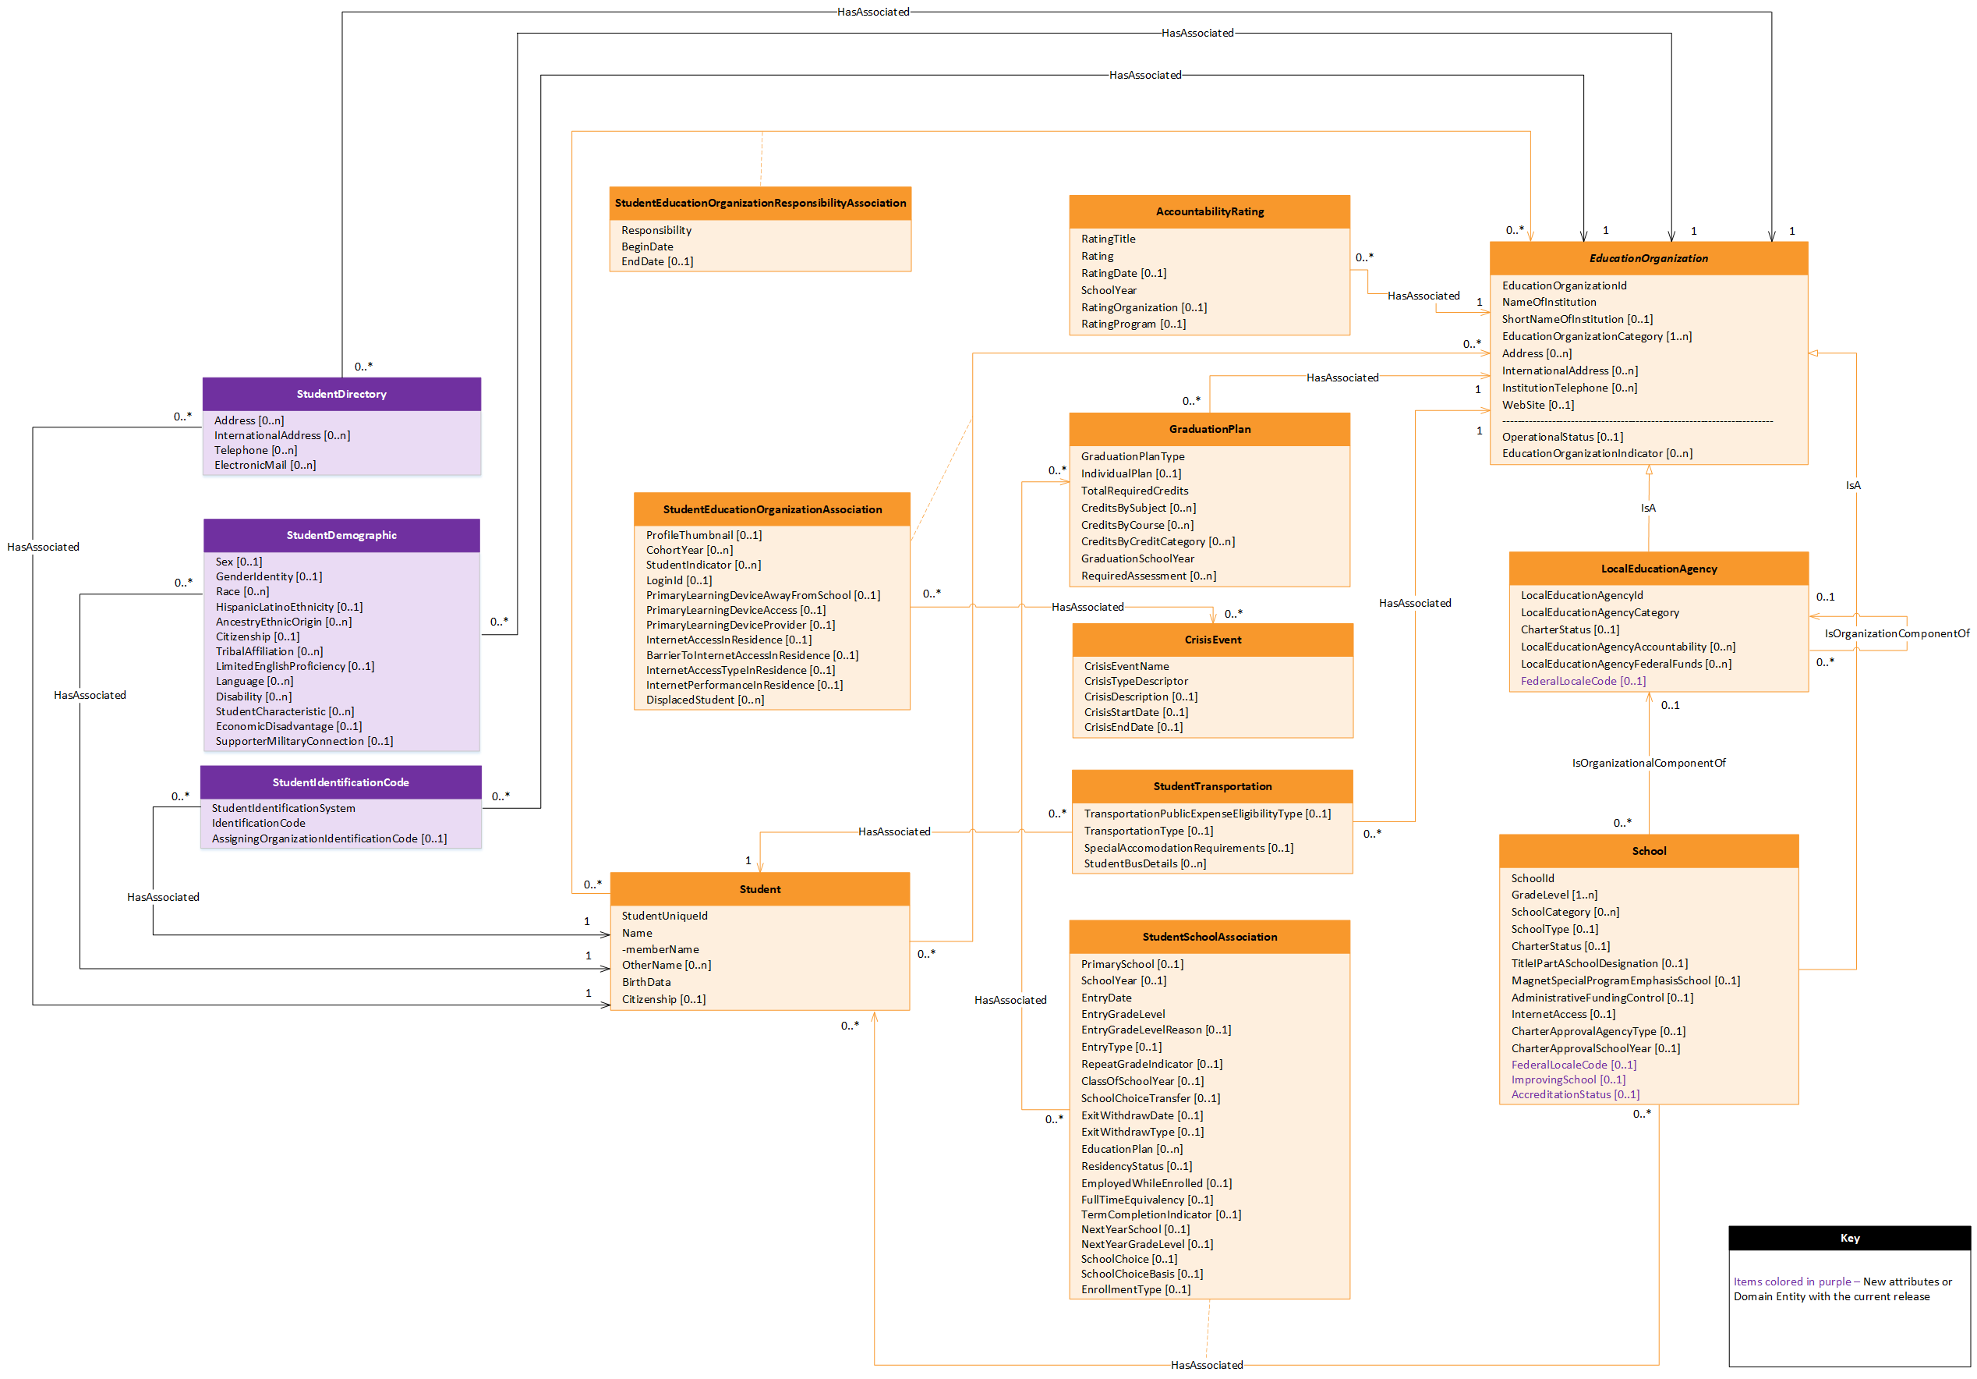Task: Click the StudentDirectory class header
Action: click(x=341, y=394)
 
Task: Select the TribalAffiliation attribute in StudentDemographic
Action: click(x=269, y=651)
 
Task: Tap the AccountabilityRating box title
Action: click(x=1209, y=211)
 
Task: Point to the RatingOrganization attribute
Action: click(x=1143, y=307)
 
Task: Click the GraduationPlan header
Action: click(x=1209, y=429)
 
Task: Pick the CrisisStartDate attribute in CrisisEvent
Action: click(x=1135, y=712)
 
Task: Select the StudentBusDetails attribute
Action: click(x=1144, y=864)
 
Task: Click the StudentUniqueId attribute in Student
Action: click(x=664, y=916)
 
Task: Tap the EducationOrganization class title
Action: click(x=1647, y=258)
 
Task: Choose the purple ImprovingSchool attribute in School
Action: click(x=1567, y=1080)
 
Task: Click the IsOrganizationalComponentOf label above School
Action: click(x=1647, y=763)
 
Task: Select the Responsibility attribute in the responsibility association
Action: click(x=656, y=230)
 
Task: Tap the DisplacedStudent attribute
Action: click(x=705, y=700)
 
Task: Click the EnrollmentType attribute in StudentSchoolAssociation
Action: click(x=1135, y=1289)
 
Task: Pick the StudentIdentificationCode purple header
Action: click(x=340, y=782)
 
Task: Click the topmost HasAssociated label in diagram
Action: click(x=872, y=12)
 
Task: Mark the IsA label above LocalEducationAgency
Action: click(x=1647, y=509)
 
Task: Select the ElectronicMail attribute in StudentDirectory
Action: click(x=264, y=465)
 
